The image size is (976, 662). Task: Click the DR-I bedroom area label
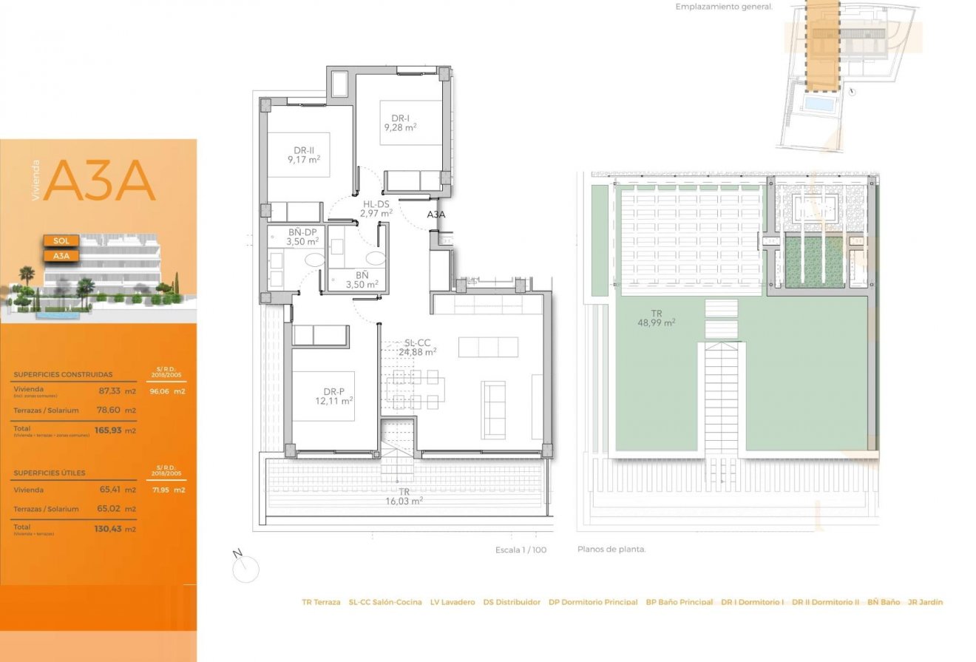400,123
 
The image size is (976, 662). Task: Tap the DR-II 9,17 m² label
304,154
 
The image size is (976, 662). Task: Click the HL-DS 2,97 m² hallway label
375,209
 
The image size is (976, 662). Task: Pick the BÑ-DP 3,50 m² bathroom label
302,237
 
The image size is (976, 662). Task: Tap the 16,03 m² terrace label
404,496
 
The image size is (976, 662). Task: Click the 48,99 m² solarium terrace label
657,318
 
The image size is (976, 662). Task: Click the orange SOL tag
61,241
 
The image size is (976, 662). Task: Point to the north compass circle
245,570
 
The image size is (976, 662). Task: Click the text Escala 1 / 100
521,550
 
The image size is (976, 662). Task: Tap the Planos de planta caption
611,550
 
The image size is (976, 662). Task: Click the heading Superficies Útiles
50,473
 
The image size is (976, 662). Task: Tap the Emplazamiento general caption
723,7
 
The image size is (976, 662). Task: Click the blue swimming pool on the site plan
819,104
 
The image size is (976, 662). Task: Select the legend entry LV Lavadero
453,602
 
